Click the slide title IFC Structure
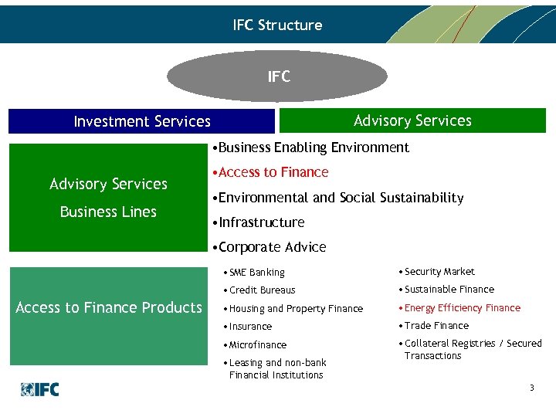click(277, 25)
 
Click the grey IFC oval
click(278, 76)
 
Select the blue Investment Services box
click(141, 121)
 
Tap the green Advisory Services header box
click(412, 120)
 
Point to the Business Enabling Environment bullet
click(310, 147)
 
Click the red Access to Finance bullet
click(270, 172)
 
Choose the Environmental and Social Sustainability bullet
click(337, 198)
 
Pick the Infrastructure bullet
click(258, 222)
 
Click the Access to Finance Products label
click(108, 307)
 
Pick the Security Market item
click(436, 272)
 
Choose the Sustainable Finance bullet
click(446, 290)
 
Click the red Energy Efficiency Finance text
click(459, 308)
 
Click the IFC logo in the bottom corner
click(40, 389)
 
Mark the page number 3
click(531, 388)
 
